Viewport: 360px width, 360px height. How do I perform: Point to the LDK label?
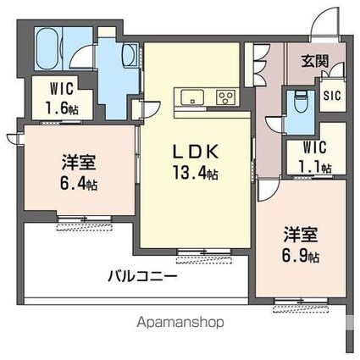[197, 152]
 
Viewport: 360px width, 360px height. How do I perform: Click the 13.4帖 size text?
[198, 174]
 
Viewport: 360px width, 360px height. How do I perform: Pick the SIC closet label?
[330, 94]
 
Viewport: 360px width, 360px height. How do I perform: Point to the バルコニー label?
[142, 276]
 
